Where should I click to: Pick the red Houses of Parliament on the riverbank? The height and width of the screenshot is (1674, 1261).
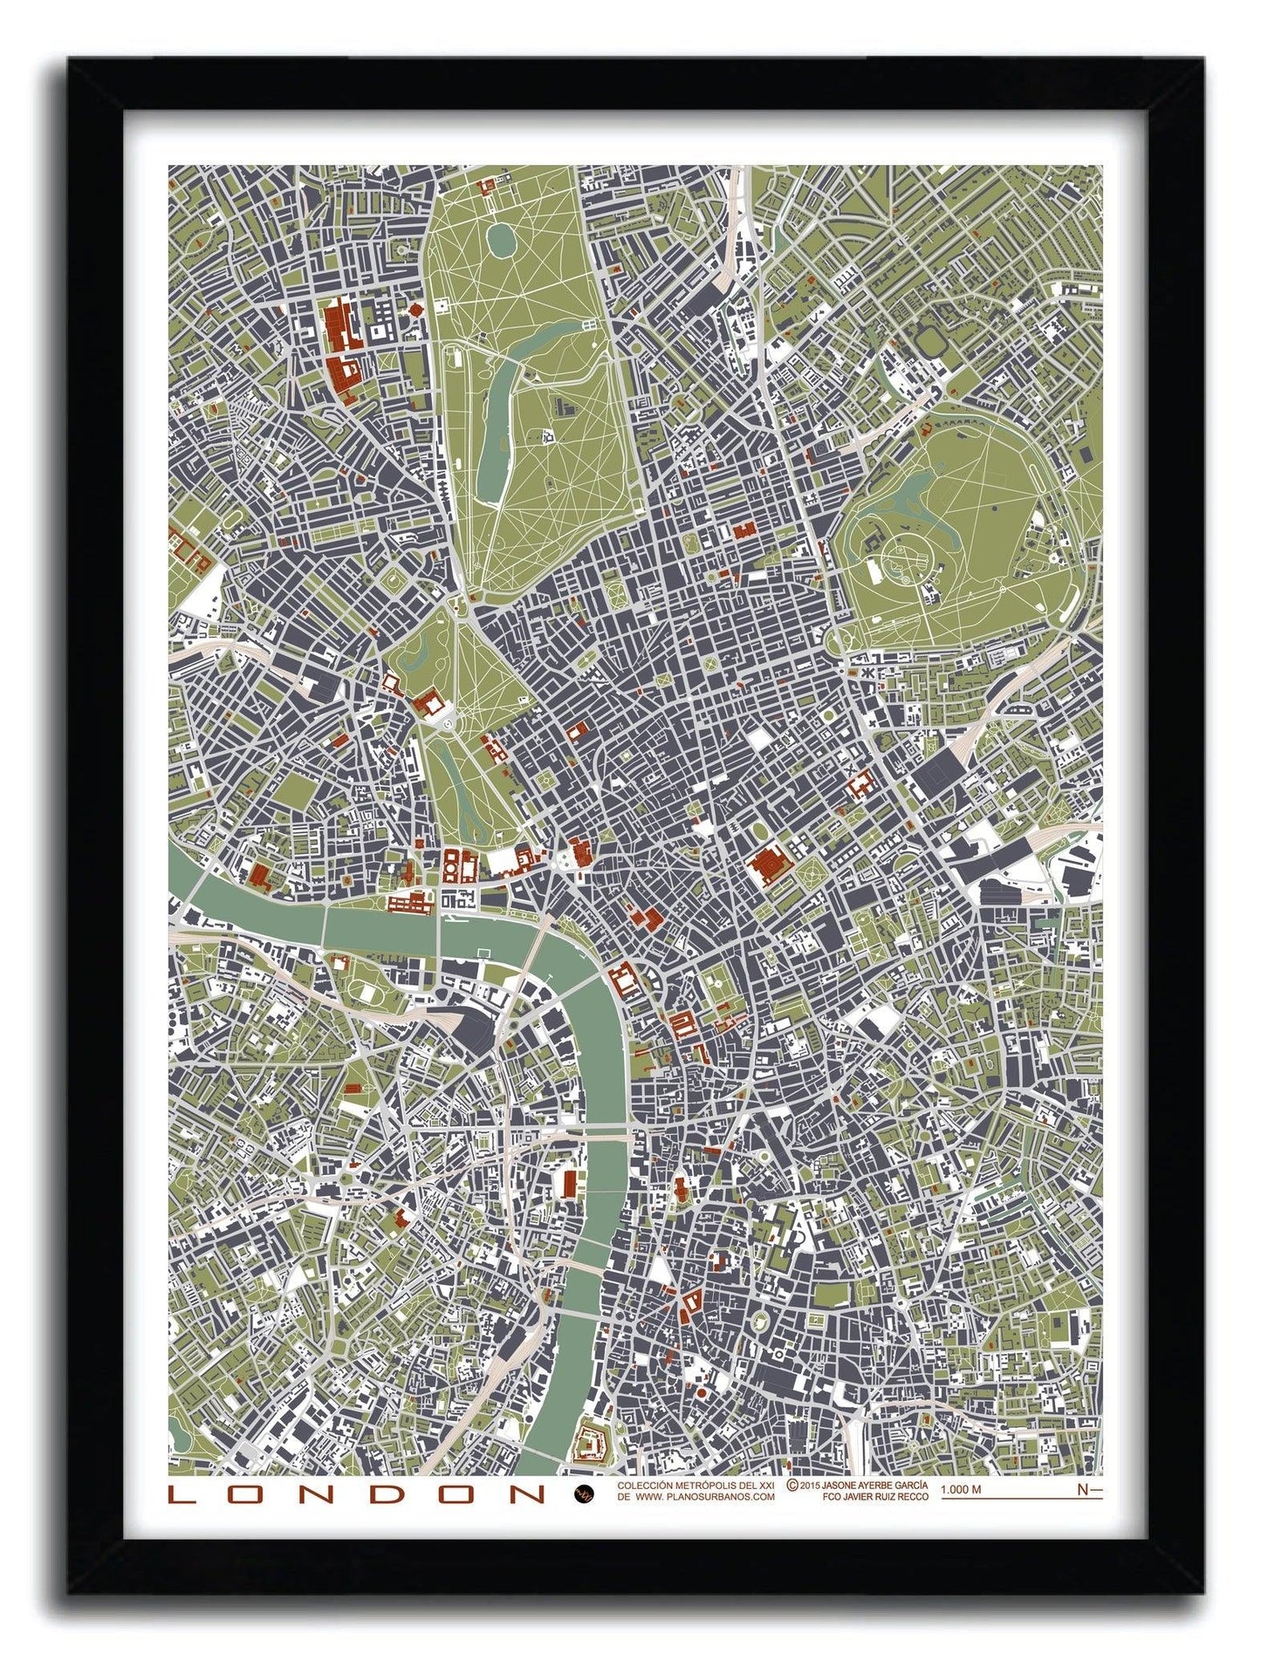[x=411, y=901]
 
